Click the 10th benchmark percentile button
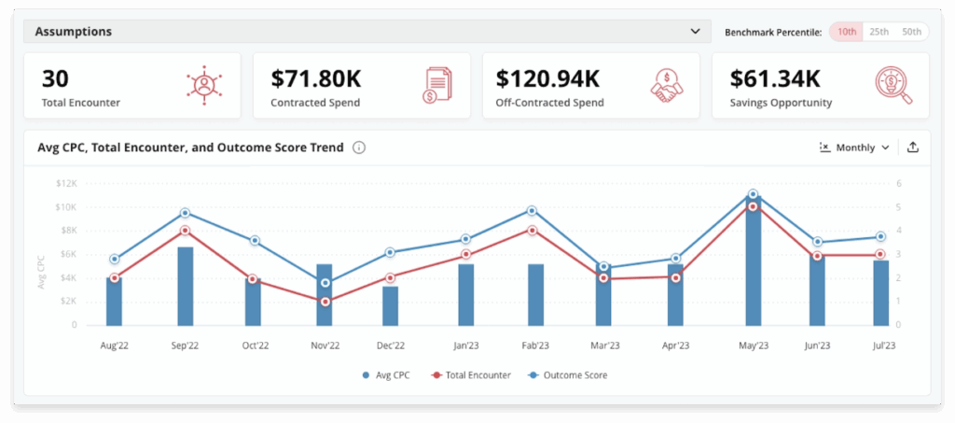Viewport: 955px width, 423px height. click(847, 32)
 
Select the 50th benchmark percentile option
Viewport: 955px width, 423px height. click(911, 32)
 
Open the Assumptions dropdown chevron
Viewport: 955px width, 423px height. click(695, 32)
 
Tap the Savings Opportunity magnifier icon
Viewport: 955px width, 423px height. click(893, 85)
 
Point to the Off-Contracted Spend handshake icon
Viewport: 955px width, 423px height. click(666, 85)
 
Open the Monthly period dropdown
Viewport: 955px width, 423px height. click(854, 148)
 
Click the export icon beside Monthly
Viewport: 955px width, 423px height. click(912, 148)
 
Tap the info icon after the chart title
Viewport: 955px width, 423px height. click(359, 148)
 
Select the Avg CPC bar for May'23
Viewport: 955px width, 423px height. click(754, 261)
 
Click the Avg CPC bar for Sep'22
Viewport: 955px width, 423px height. click(186, 286)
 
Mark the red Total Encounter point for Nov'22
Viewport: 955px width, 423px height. click(325, 302)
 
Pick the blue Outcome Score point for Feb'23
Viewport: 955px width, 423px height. click(532, 211)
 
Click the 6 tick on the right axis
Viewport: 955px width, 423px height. click(897, 183)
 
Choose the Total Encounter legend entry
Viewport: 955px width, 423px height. click(470, 375)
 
